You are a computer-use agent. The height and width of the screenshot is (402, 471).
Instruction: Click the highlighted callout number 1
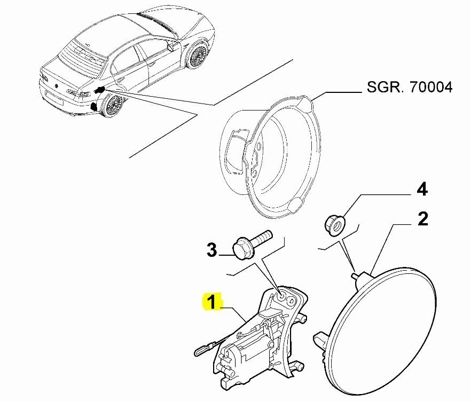pyautogui.click(x=212, y=303)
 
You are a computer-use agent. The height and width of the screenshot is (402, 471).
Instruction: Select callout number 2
pyautogui.click(x=422, y=219)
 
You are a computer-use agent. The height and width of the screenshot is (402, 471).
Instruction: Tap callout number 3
pyautogui.click(x=212, y=249)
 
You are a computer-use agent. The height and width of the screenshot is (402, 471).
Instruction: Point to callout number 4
pyautogui.click(x=422, y=189)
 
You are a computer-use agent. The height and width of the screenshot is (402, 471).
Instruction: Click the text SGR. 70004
pyautogui.click(x=410, y=87)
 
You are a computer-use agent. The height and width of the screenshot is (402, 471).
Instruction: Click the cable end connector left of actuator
pyautogui.click(x=198, y=352)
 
